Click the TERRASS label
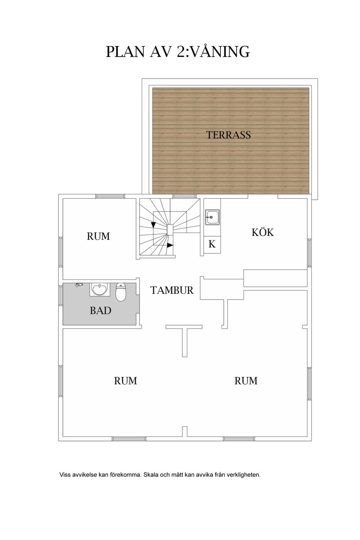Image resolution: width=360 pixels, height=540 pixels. pos(228,135)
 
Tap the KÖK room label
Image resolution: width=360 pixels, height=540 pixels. pos(263,232)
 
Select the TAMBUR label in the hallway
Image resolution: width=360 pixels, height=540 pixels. pos(172,290)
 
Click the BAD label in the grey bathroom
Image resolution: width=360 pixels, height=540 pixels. pos(100,310)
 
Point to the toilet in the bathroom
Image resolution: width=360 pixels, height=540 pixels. pos(121,292)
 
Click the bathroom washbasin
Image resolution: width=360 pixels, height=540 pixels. pos(100,289)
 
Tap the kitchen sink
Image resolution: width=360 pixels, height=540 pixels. pos(212,217)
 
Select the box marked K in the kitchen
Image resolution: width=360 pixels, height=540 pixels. pos(212,244)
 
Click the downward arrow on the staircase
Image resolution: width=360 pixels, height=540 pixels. pos(153,225)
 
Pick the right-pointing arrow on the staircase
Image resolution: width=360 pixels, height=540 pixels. pos(170,245)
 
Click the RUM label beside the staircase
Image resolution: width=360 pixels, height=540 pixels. pos(98,236)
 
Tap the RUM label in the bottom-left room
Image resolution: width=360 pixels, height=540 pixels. pos(125,381)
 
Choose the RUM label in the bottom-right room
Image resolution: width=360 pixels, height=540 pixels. pos(246,381)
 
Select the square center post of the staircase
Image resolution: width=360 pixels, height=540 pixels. pos(170,230)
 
